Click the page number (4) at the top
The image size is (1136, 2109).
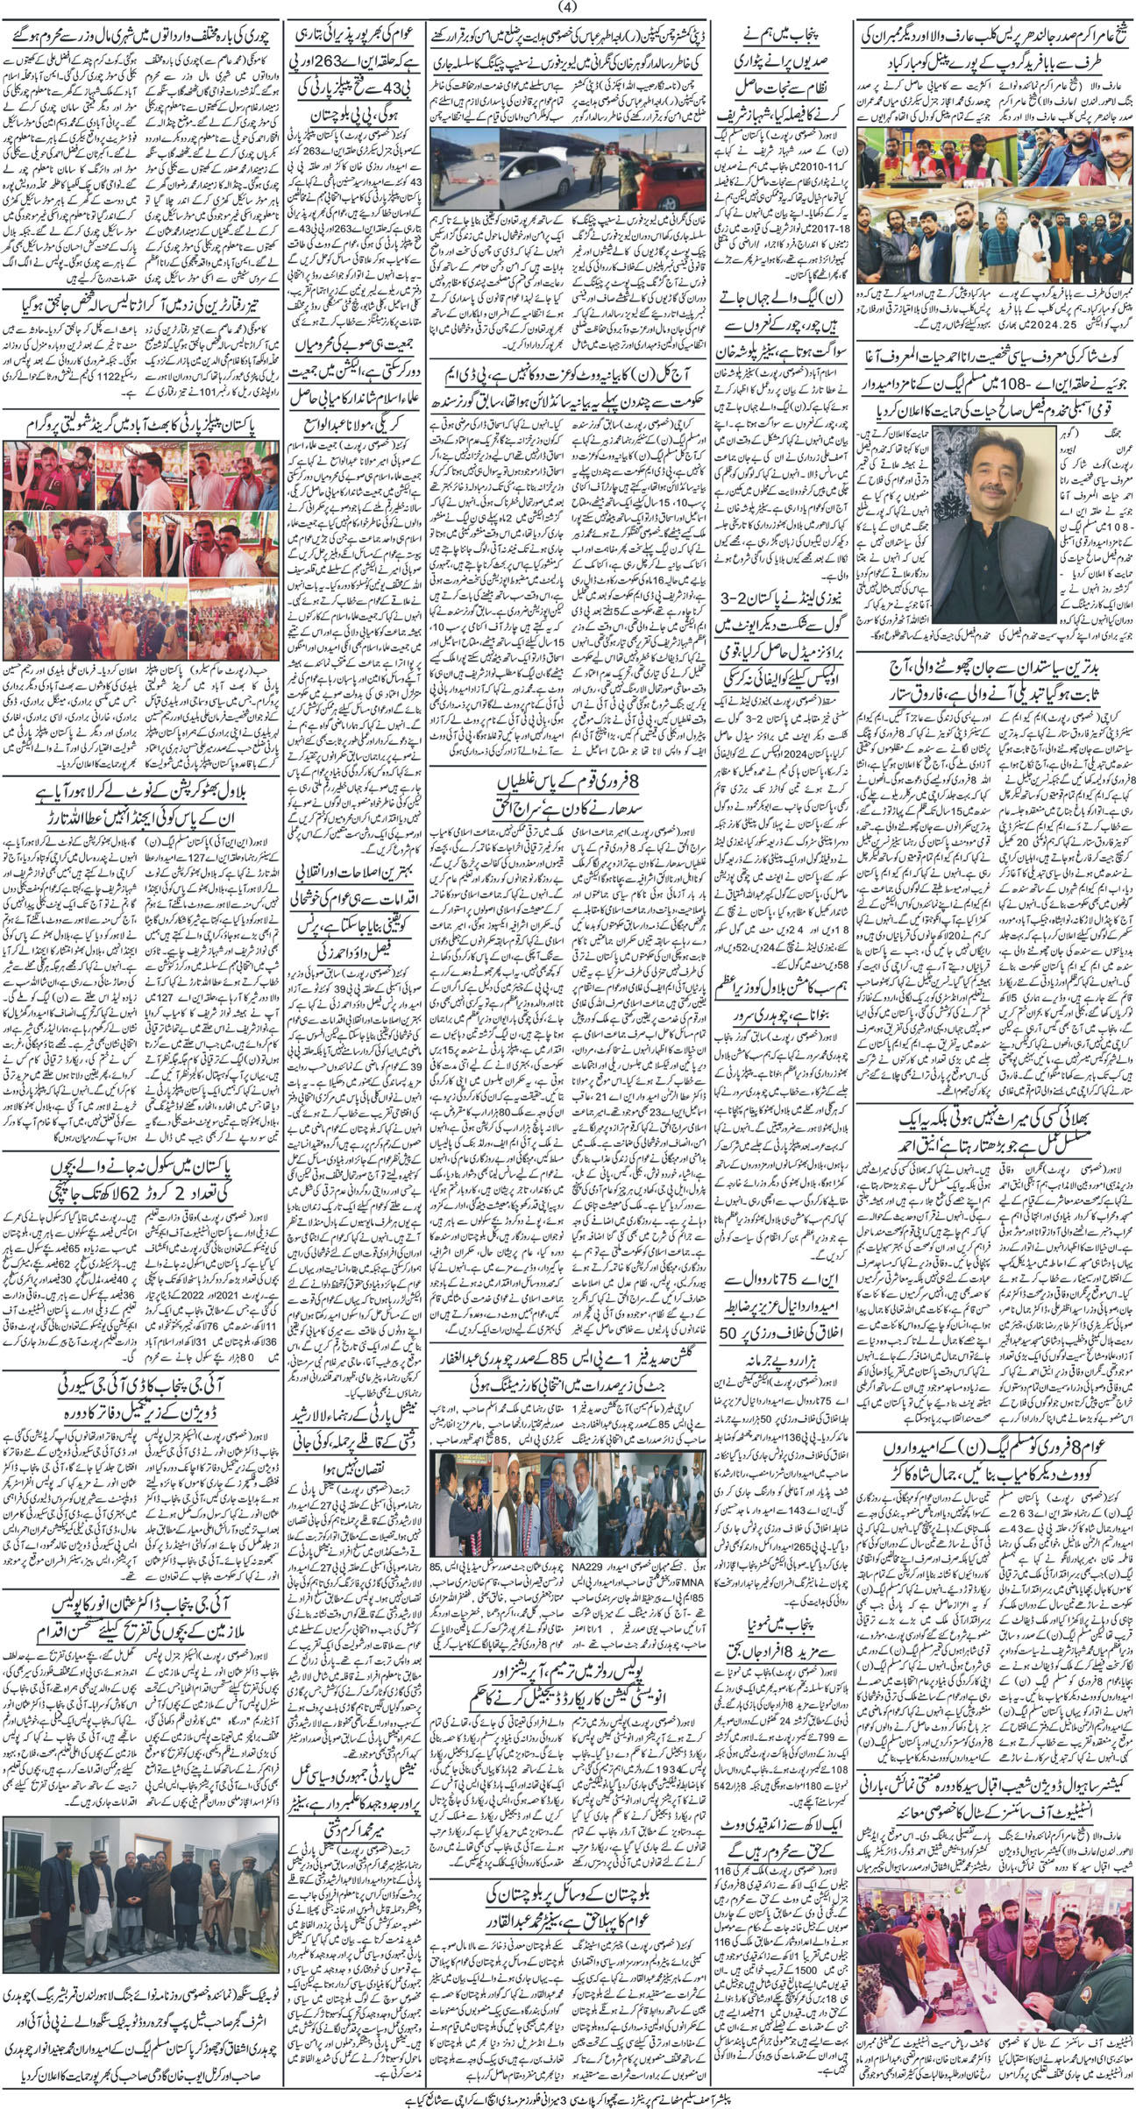(567, 8)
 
